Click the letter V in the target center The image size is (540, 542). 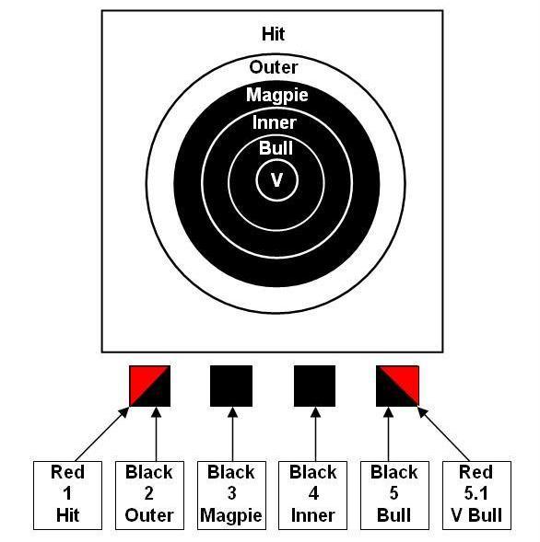(276, 180)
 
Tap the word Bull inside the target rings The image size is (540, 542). (276, 148)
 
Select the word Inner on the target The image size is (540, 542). (275, 122)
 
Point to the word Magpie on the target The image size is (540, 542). (277, 95)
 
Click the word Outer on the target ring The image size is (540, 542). (274, 67)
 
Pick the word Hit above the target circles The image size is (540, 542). (273, 34)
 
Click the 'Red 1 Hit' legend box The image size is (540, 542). (67, 495)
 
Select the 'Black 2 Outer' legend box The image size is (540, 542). (149, 495)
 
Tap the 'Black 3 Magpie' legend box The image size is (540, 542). (231, 495)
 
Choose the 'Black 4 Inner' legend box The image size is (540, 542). (313, 495)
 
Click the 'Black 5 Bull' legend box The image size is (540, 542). (394, 495)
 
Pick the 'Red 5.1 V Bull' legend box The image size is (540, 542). (476, 495)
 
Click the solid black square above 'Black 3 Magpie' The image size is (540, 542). (231, 386)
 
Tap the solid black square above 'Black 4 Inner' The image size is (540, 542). (314, 386)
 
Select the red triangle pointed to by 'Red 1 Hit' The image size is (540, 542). (143, 379)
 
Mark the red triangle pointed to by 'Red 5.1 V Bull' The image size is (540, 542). (405, 379)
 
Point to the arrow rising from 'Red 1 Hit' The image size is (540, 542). (101, 434)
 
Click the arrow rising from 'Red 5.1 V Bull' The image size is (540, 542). (444, 434)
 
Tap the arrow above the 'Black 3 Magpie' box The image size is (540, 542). (232, 434)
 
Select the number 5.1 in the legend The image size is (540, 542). (476, 493)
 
